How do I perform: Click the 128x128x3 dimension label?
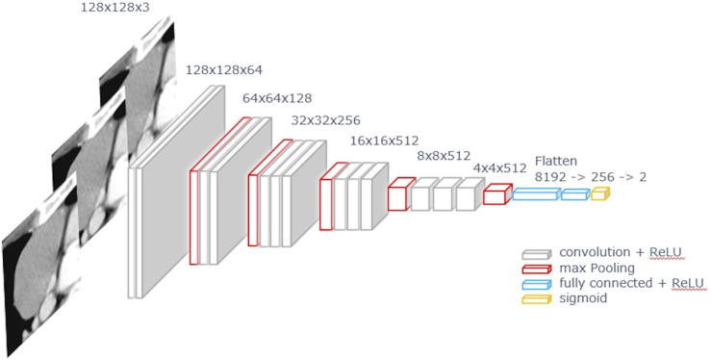click(x=114, y=9)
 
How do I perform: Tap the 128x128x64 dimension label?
click(x=224, y=70)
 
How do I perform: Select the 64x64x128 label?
click(x=277, y=98)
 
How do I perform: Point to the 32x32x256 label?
click(x=325, y=120)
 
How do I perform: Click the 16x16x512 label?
click(x=384, y=141)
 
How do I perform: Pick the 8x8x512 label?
click(x=444, y=157)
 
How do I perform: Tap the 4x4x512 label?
click(x=499, y=168)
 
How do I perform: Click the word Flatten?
click(x=556, y=161)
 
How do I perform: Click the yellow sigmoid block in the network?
click(x=600, y=193)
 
